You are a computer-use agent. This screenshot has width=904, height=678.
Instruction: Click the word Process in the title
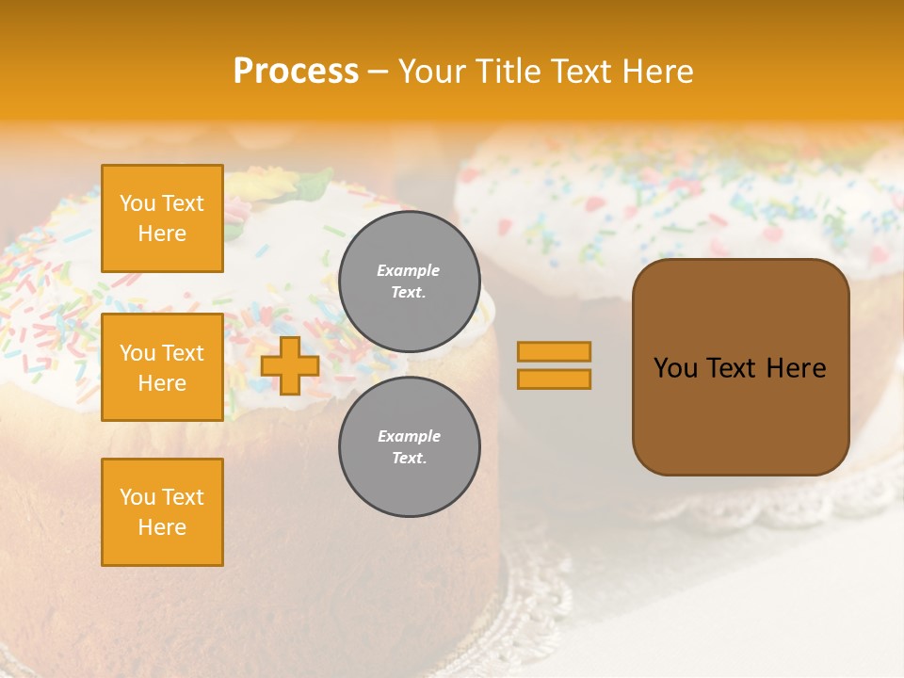296,71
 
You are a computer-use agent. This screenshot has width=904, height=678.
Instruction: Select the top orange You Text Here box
162,218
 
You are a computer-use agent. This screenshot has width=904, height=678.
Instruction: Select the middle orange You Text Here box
162,367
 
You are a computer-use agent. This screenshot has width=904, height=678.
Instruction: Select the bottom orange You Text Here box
162,511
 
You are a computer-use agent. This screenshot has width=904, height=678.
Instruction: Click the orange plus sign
290,365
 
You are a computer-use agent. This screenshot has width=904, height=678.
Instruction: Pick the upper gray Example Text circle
409,282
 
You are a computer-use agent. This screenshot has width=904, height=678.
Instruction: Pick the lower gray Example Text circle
409,447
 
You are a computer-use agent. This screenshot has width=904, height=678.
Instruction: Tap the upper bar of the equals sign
554,351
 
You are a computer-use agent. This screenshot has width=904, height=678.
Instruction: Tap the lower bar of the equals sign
554,379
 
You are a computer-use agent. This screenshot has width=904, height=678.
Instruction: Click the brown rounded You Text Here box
740,414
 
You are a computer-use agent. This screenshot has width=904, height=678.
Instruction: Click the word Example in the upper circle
409,271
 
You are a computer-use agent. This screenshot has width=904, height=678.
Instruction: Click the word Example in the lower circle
409,437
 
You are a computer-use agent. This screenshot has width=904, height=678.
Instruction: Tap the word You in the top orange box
137,203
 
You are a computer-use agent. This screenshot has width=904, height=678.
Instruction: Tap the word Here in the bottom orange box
162,527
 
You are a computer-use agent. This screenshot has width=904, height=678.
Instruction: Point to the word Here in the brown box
796,368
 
